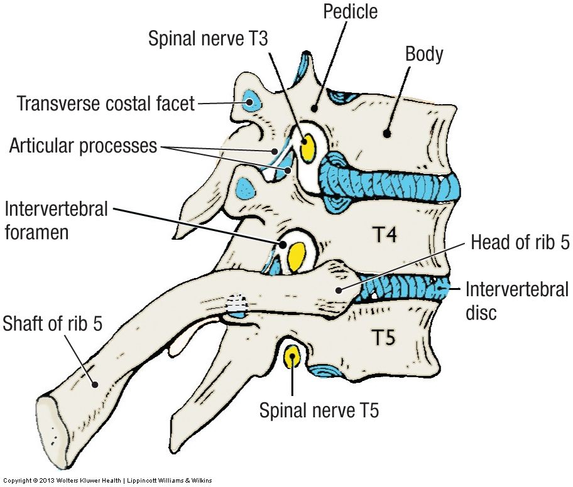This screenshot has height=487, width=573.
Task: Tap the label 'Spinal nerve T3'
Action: (208, 38)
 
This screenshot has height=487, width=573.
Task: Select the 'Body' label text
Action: (424, 54)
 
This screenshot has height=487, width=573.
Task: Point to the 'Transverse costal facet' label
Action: (106, 103)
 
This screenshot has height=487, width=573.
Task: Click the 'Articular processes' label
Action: (82, 146)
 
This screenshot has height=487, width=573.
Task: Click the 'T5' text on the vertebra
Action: (383, 338)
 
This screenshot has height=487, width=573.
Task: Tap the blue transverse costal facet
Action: (251, 100)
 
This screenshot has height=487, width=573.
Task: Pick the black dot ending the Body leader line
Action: (388, 133)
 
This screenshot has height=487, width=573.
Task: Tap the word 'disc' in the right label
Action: (481, 312)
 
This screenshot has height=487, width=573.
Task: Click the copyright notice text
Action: (106, 481)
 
